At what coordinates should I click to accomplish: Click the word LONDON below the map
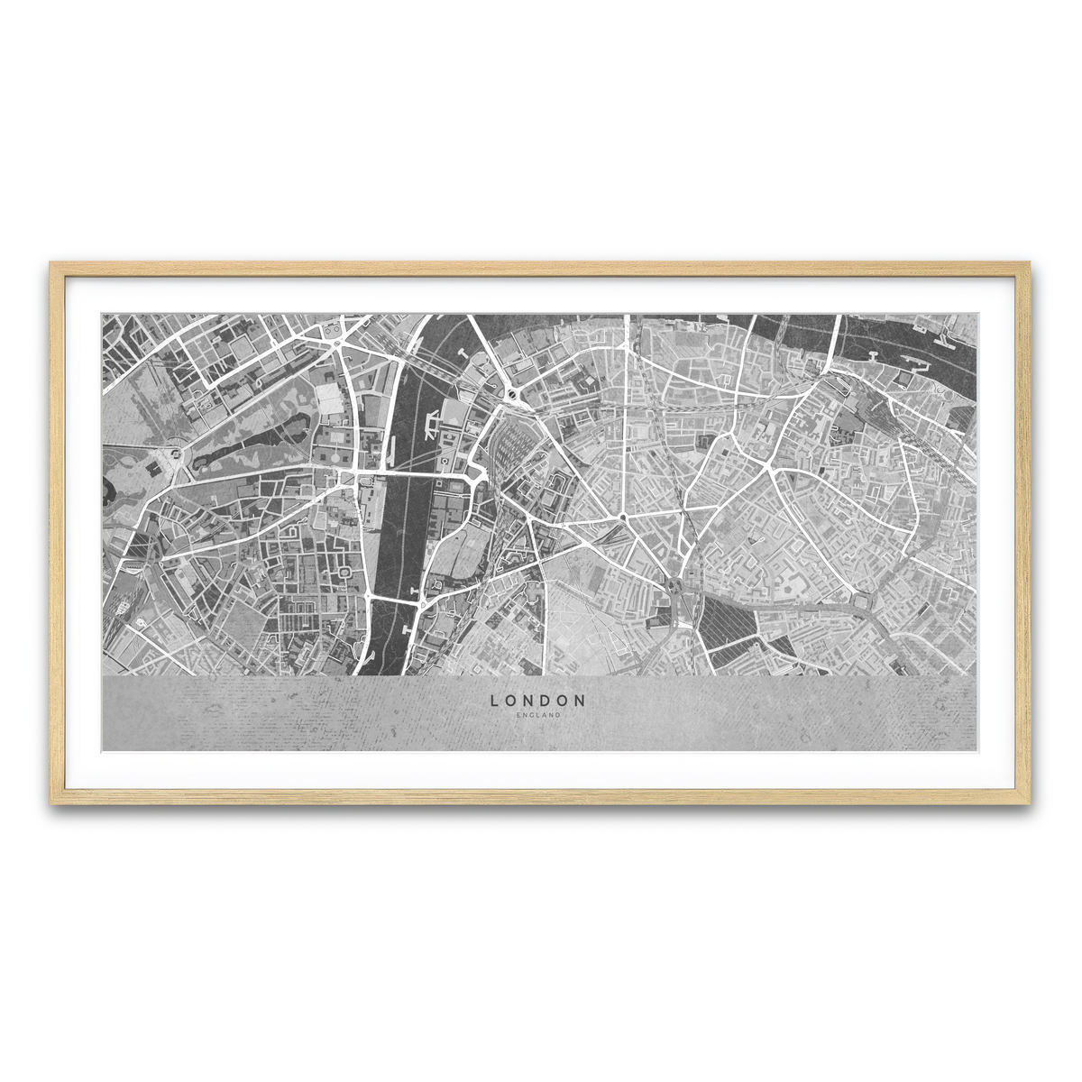pyautogui.click(x=538, y=700)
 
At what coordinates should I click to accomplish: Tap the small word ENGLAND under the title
pyautogui.click(x=538, y=715)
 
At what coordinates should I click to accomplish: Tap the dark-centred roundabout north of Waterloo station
pyautogui.click(x=511, y=394)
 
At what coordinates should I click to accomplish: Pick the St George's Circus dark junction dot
pyautogui.click(x=623, y=518)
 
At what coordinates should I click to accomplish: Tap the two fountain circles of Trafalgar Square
pyautogui.click(x=335, y=343)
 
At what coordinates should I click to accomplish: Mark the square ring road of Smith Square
pyautogui.click(x=343, y=573)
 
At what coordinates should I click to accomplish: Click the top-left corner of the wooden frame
pyautogui.click(x=52, y=264)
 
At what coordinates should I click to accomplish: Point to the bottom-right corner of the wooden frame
pyautogui.click(x=1028, y=802)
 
